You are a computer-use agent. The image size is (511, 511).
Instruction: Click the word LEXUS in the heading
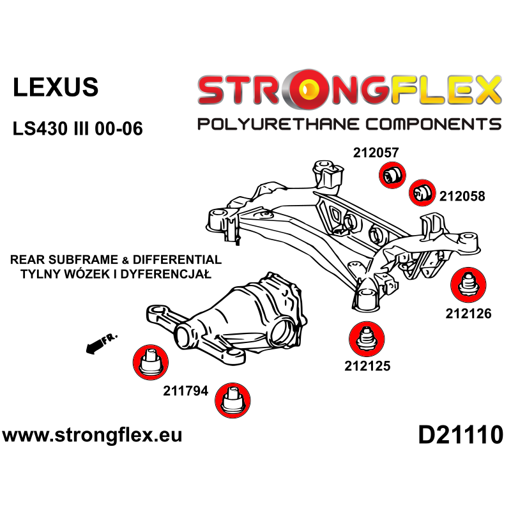pos(56,88)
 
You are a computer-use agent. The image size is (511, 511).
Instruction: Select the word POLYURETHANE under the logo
pos(285,124)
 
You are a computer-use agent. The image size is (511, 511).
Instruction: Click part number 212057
pos(375,153)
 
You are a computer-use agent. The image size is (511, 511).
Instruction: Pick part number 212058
pos(462,197)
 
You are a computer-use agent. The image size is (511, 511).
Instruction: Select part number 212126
pos(468,314)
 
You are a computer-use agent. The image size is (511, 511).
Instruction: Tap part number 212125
pos(367,366)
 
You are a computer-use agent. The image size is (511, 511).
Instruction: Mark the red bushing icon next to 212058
pos(420,192)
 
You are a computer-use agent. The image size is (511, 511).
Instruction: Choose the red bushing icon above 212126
pos(469,285)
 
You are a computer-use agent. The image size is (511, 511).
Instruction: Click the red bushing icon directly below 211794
pos(231,401)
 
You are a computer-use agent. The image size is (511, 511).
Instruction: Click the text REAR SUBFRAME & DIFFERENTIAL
pos(116,260)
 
